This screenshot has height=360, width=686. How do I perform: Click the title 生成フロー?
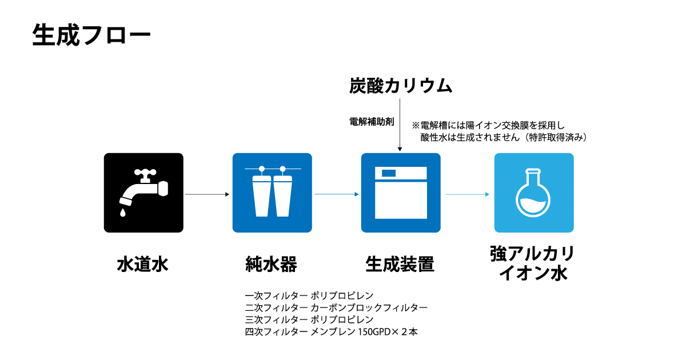[x=91, y=35]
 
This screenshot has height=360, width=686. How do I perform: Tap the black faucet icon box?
[x=143, y=193]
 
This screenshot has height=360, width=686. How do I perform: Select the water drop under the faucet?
[x=123, y=213]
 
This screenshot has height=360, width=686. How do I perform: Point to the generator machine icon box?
[x=401, y=193]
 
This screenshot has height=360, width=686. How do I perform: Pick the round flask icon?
[x=533, y=193]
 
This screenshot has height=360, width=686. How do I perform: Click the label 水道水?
[x=143, y=264]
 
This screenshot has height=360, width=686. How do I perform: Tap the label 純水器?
[x=272, y=264]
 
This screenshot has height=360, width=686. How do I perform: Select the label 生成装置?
[x=400, y=264]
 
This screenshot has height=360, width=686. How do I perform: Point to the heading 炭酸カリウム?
[x=401, y=85]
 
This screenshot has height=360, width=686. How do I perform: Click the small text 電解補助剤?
[x=372, y=122]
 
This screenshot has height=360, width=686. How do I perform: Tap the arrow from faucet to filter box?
[x=208, y=194]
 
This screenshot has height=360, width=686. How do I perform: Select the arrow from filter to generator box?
[x=337, y=194]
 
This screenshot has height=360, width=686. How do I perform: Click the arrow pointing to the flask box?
[x=467, y=194]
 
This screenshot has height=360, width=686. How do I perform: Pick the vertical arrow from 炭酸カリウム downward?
[x=400, y=125]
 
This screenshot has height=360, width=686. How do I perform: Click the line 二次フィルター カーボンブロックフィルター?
[x=336, y=307]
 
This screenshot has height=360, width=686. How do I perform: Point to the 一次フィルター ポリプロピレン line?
[x=309, y=295]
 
